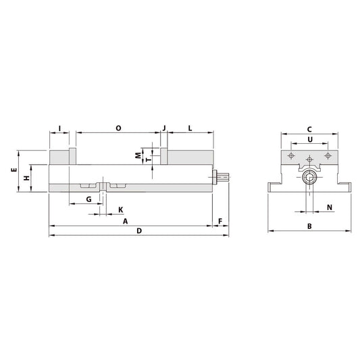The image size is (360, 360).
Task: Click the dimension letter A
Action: pyautogui.click(x=125, y=221)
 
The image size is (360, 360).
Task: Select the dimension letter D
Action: pyautogui.click(x=138, y=231)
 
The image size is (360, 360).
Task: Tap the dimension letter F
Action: pyautogui.click(x=220, y=221)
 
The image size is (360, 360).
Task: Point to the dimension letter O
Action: pyautogui.click(x=118, y=127)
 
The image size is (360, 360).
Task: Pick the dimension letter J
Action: pyautogui.click(x=163, y=127)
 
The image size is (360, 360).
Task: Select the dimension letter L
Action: pyautogui.click(x=190, y=127)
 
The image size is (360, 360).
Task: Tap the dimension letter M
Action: pyautogui.click(x=137, y=155)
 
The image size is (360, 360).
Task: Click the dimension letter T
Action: pyautogui.click(x=148, y=159)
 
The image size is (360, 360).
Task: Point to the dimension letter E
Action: pyautogui.click(x=14, y=172)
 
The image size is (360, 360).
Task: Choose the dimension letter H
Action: pyautogui.click(x=26, y=178)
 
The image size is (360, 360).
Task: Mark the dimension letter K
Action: pyautogui.click(x=121, y=209)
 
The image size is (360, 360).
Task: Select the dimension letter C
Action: pyautogui.click(x=309, y=128)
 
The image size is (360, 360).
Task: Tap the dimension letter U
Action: pyautogui.click(x=309, y=140)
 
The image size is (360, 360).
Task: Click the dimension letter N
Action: pyautogui.click(x=329, y=207)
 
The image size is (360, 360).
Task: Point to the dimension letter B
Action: pyautogui.click(x=309, y=226)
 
